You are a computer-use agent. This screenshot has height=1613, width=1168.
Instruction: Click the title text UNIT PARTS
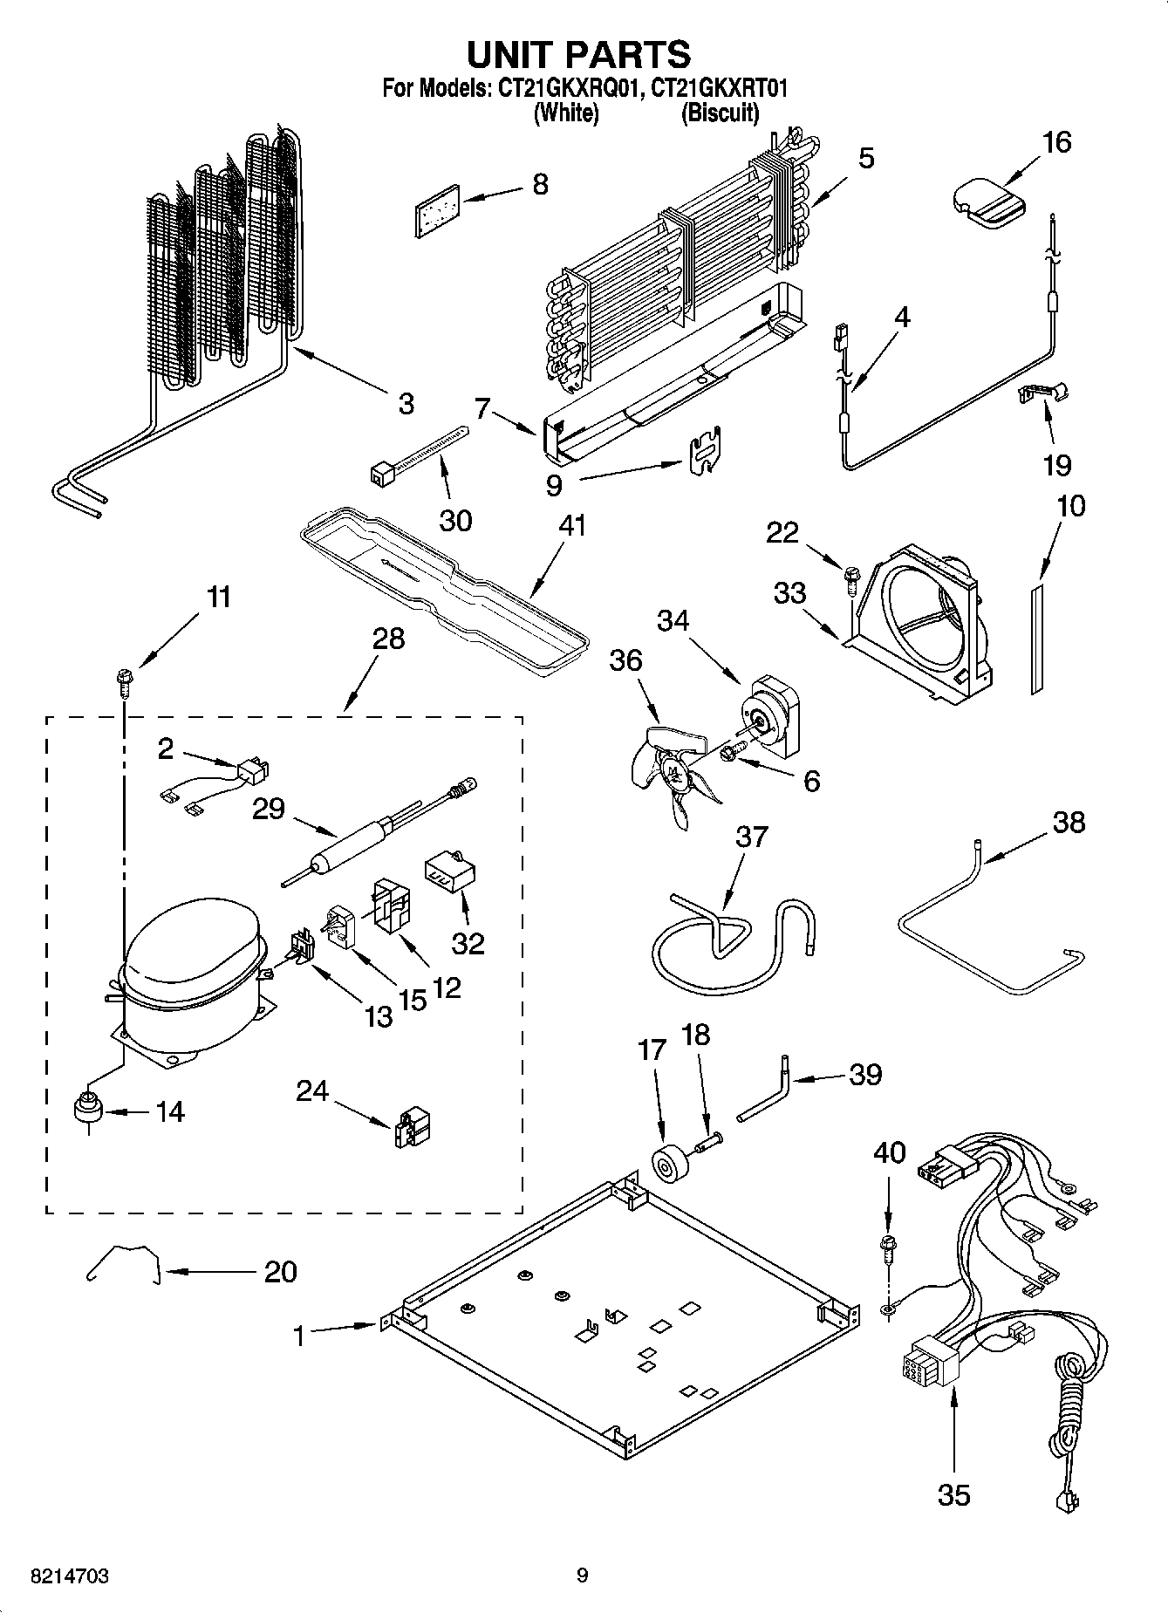[x=578, y=54]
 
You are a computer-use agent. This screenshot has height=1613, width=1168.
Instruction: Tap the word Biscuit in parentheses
[x=720, y=113]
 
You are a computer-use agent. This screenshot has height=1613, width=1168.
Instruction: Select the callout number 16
[x=1057, y=142]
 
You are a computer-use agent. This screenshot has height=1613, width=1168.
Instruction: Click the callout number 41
[x=572, y=526]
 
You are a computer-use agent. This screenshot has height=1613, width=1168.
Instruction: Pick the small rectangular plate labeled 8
[x=437, y=210]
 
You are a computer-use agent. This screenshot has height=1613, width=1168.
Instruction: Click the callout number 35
[x=953, y=1494]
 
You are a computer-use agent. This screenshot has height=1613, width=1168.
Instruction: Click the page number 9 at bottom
[x=582, y=1575]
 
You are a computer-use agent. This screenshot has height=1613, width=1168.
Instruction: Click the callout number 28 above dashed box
[x=388, y=639]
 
